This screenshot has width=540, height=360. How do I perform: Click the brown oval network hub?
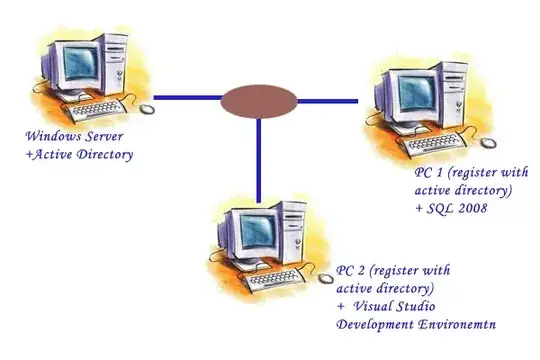[x=259, y=102]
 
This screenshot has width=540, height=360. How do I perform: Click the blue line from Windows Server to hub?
[x=187, y=97]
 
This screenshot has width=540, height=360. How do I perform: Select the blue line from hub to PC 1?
[x=327, y=101]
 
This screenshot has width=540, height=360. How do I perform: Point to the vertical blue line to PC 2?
[x=259, y=160]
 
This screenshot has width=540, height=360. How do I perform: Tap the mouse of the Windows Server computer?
[x=147, y=109]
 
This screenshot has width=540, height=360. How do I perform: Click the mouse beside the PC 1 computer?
[x=488, y=143]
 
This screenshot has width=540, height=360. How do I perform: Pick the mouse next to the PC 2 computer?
[x=325, y=278]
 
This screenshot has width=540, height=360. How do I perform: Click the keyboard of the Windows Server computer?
[x=97, y=111]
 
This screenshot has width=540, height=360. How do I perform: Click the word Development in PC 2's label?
[x=375, y=325]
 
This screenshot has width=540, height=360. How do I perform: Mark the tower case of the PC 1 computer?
[x=454, y=96]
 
